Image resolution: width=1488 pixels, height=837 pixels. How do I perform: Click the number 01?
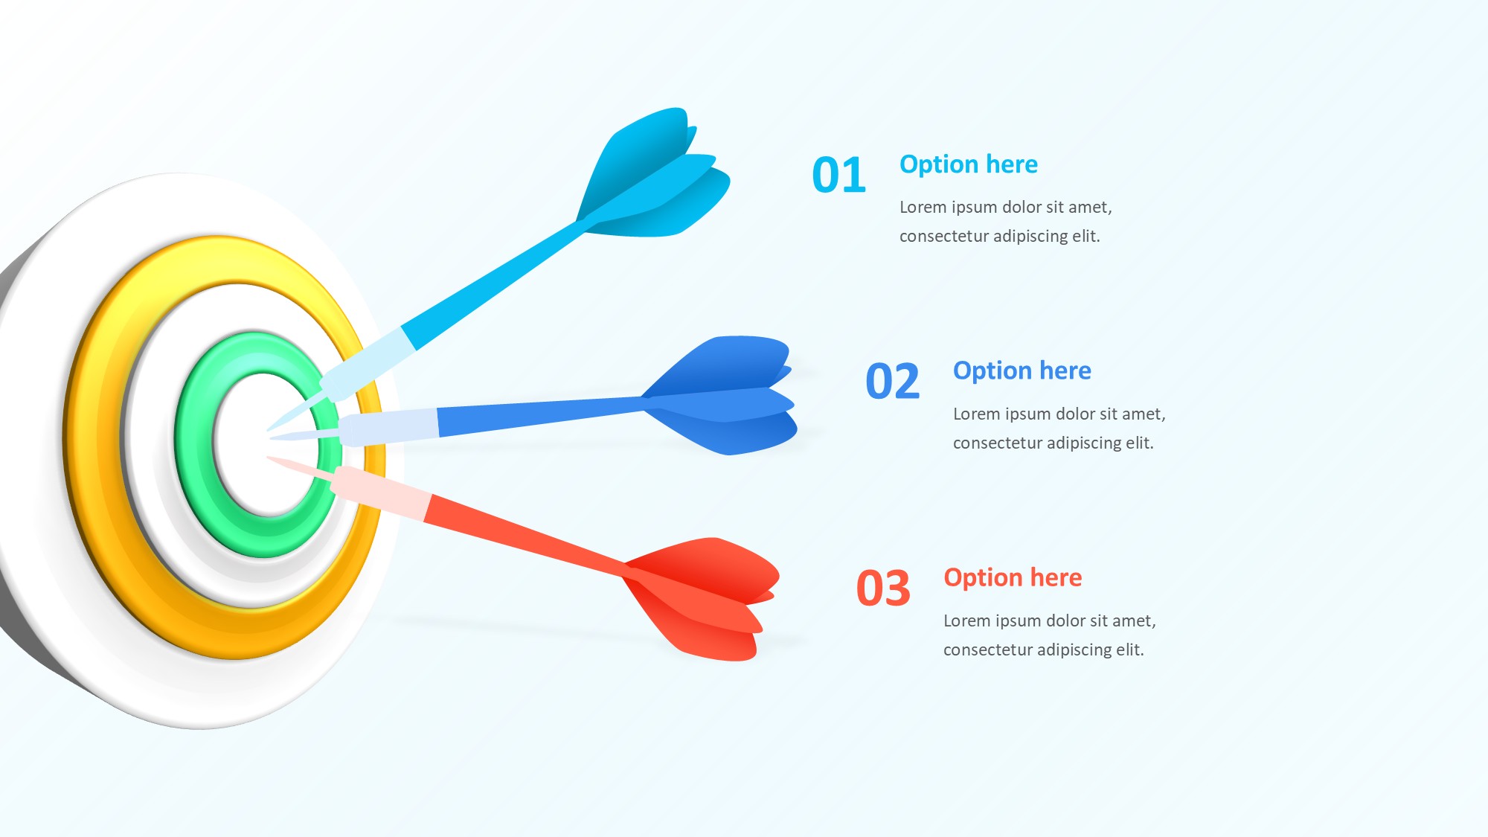[839, 175]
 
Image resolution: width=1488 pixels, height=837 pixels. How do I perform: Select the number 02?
[893, 382]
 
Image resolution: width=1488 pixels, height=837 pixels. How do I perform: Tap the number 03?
[883, 589]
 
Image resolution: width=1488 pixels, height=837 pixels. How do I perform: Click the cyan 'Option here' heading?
[968, 164]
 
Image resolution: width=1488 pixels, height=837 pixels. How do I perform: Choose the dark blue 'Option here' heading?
[1022, 371]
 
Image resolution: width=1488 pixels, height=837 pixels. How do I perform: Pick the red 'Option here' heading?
[1013, 577]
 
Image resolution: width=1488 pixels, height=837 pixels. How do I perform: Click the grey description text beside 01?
[1006, 221]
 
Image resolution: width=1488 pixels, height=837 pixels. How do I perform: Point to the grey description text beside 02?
[1059, 428]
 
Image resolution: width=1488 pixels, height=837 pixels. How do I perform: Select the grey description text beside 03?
[1050, 635]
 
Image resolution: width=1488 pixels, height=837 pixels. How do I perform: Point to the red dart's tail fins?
[703, 595]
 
